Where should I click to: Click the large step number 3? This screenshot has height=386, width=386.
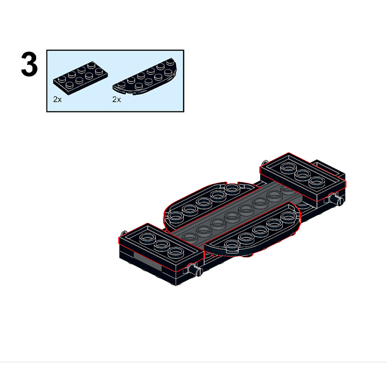(29, 65)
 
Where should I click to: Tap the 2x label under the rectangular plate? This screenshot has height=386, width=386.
(57, 99)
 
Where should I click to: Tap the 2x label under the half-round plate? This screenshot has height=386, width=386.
(117, 99)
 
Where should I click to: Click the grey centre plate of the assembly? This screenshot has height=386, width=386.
(236, 214)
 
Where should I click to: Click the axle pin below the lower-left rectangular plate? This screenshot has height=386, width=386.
(195, 270)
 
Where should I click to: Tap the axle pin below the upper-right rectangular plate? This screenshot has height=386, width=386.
(336, 199)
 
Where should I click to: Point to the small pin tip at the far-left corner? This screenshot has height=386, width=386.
(124, 233)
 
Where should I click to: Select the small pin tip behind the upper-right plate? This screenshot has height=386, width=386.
(264, 163)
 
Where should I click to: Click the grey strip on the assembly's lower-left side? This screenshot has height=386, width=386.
(148, 260)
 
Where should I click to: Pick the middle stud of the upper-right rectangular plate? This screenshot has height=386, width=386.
(302, 174)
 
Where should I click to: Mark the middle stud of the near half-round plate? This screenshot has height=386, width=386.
(260, 230)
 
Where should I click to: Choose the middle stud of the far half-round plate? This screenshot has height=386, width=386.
(203, 202)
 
